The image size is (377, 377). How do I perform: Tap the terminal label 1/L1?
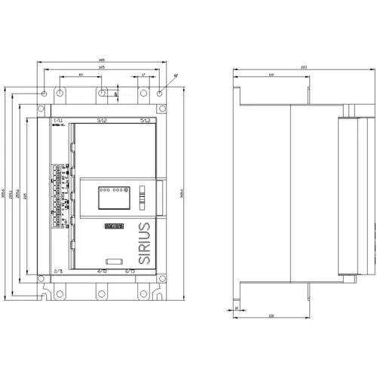pyautogui.click(x=57, y=120)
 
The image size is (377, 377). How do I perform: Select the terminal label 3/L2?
pyautogui.click(x=102, y=120)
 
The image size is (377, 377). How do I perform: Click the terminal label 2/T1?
pyautogui.click(x=57, y=270)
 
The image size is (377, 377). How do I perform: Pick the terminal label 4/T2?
pyautogui.click(x=102, y=270)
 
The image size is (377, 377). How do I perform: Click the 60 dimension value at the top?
pyautogui.click(x=81, y=75)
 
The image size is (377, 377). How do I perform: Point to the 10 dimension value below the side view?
pyautogui.click(x=236, y=308)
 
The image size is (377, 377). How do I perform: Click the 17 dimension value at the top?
pyautogui.click(x=143, y=75)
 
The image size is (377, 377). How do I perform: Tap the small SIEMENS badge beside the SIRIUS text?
pyautogui.click(x=115, y=225)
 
